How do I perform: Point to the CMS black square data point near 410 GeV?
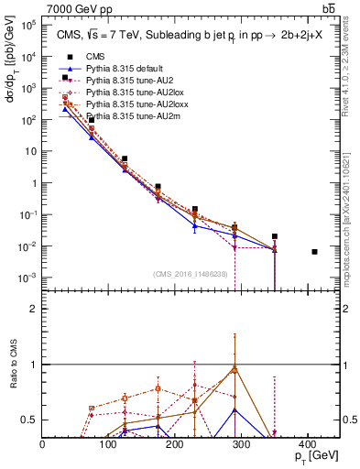315,252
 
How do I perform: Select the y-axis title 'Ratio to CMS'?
13,376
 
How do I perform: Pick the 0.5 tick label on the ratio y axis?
30,420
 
